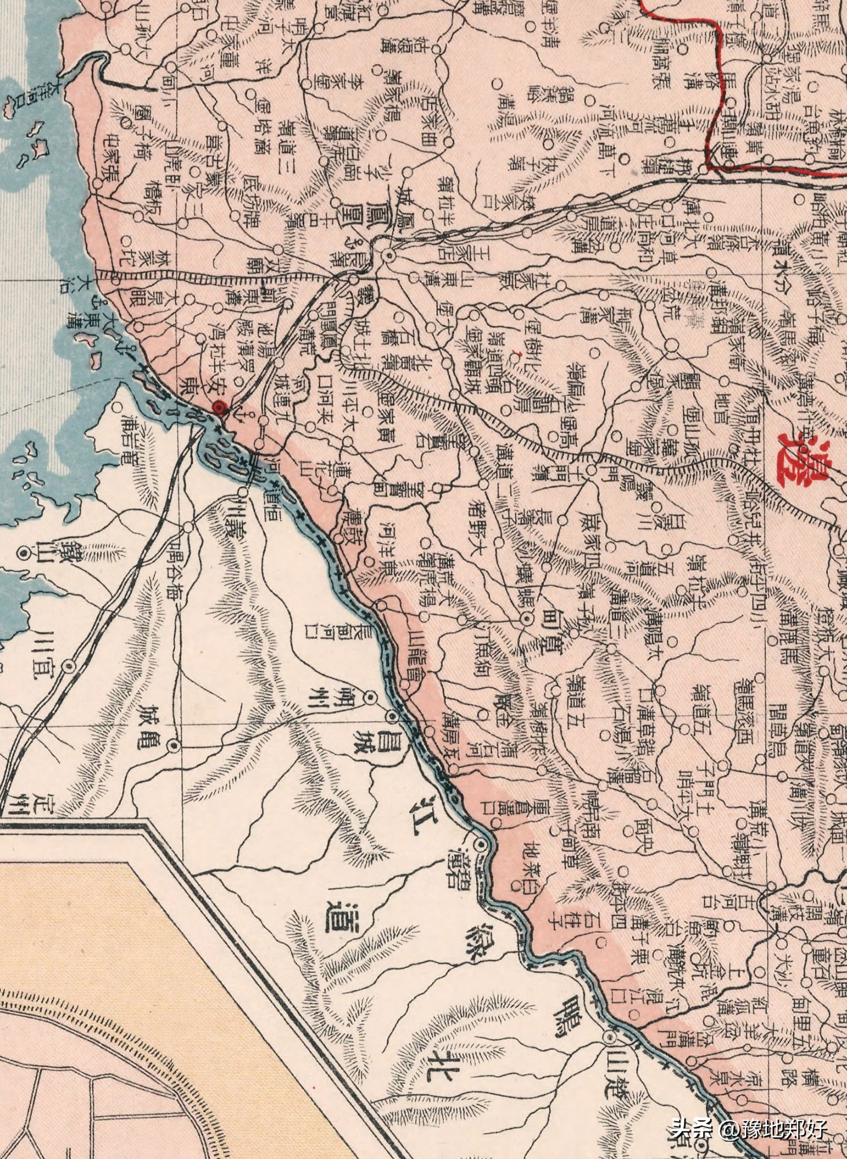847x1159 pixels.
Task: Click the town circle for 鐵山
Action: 24,553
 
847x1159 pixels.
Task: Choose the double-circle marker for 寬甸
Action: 527,619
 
